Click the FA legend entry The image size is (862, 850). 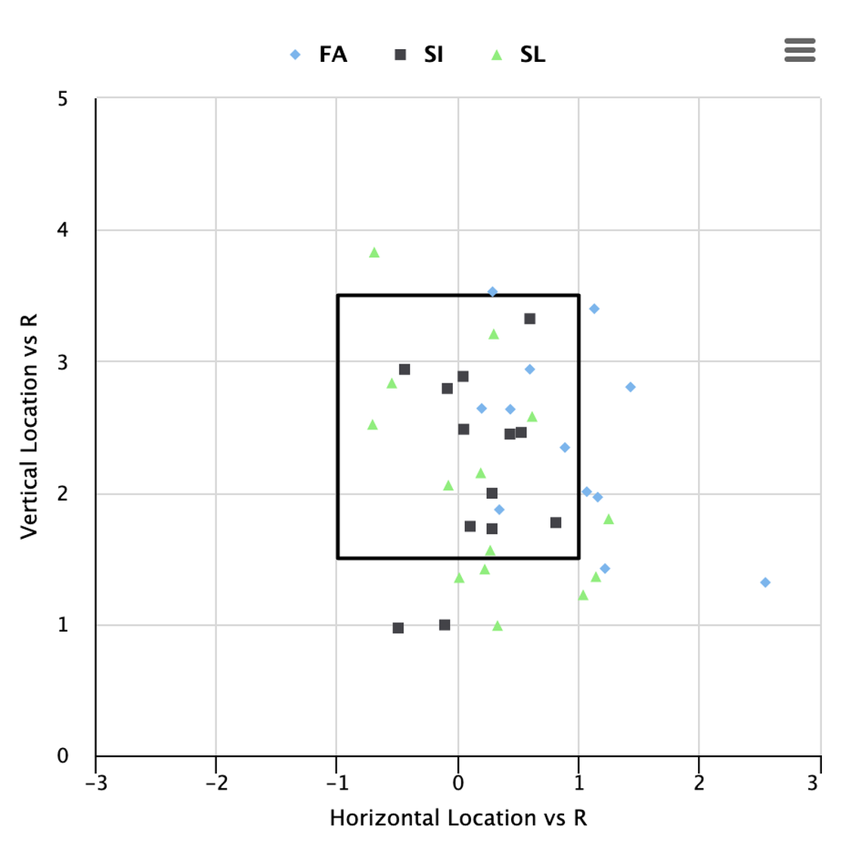(319, 54)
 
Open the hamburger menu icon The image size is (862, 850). (799, 50)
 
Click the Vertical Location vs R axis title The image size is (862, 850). (29, 427)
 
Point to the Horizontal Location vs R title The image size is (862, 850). (457, 818)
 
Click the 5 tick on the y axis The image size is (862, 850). (63, 99)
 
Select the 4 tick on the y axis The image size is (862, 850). (63, 230)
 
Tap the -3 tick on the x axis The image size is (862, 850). (96, 782)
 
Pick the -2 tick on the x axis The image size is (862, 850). (216, 782)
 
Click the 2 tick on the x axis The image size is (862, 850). (699, 782)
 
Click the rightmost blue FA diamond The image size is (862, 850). (765, 583)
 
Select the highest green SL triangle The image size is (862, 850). (374, 253)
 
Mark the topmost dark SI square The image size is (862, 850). (530, 319)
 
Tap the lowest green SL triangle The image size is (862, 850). (498, 626)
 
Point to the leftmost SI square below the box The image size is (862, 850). (398, 628)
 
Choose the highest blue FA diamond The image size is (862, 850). (492, 292)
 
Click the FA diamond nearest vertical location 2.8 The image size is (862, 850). (631, 388)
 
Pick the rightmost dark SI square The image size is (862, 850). (556, 523)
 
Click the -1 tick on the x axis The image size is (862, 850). (336, 782)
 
